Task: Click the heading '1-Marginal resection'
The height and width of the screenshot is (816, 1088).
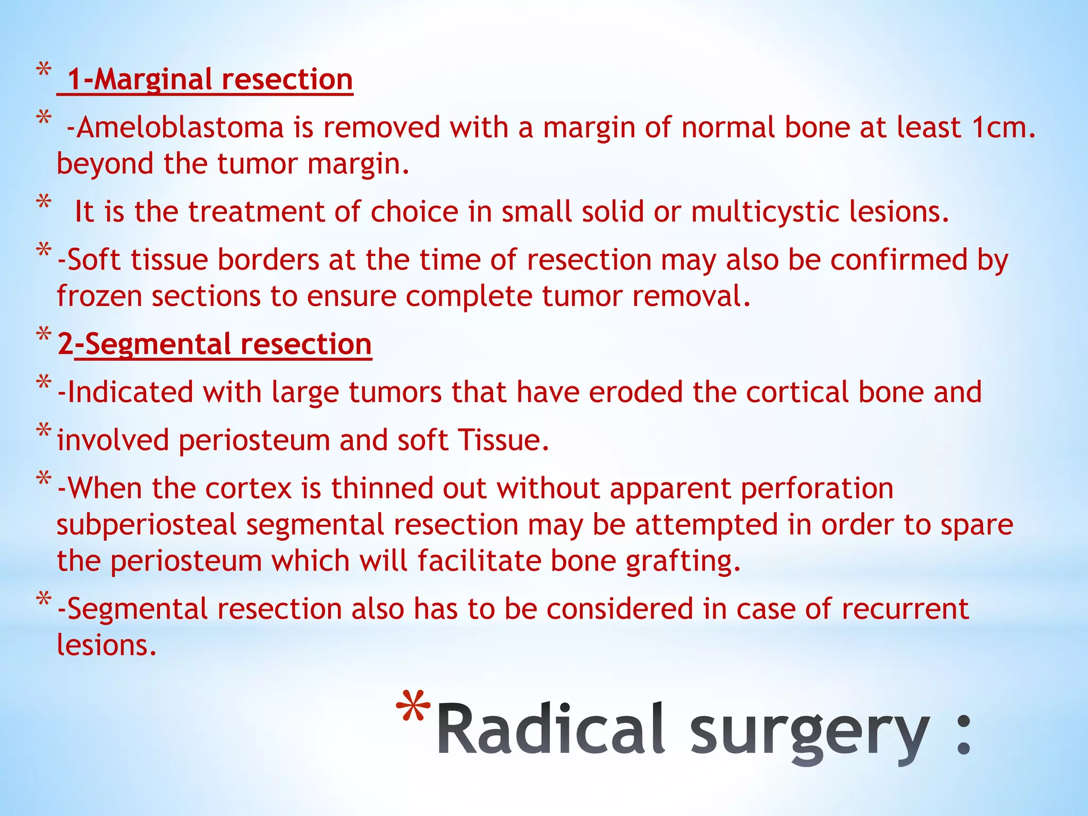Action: (209, 80)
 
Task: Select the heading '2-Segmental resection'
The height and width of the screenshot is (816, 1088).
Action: (215, 344)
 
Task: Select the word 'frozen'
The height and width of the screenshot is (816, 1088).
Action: (99, 296)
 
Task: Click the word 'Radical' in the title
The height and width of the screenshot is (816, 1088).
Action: (550, 729)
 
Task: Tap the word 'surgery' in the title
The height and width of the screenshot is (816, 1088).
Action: (810, 730)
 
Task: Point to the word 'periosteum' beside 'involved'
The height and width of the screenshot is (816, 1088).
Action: (253, 441)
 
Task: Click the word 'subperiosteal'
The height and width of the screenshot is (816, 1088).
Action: (146, 525)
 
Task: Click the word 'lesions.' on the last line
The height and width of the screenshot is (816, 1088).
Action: (106, 645)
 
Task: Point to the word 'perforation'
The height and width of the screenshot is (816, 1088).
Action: (817, 489)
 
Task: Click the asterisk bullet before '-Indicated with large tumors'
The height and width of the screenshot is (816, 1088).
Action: (44, 383)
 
